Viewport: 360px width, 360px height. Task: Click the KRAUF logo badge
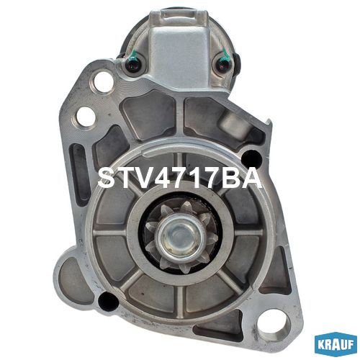pyautogui.click(x=336, y=344)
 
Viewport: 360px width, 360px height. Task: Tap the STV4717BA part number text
pyautogui.click(x=179, y=179)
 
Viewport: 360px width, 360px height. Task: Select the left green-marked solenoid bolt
pyautogui.click(x=132, y=64)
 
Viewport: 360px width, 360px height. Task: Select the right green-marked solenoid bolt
pyautogui.click(x=225, y=63)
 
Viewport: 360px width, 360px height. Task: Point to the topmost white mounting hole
pyautogui.click(x=103, y=82)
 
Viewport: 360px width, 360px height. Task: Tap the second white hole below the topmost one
pyautogui.click(x=86, y=117)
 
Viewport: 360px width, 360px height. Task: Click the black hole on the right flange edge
pyautogui.click(x=251, y=158)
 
